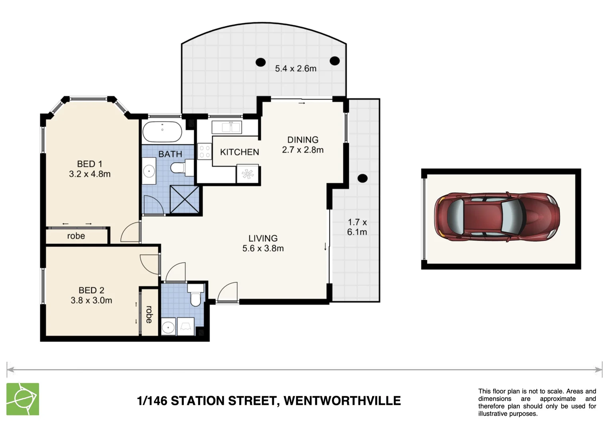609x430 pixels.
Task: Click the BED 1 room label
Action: coord(89,164)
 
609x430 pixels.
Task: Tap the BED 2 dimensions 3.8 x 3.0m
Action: coord(91,301)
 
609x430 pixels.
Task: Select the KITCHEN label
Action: coord(239,152)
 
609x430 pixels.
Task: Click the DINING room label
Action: coord(303,140)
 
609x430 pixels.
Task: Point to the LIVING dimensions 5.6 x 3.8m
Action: coord(263,248)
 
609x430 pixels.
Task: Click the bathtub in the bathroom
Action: coord(162,132)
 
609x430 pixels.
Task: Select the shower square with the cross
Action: coord(184,199)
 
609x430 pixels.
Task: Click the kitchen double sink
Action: coord(226,127)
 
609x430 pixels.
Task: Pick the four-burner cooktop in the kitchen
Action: coord(204,152)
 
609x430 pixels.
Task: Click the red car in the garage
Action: coord(498,217)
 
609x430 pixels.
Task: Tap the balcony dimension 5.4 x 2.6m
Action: coord(295,68)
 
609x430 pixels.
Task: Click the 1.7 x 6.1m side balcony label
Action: coord(357,227)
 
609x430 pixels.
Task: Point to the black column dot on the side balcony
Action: coord(362,178)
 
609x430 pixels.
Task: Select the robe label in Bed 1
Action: coord(76,236)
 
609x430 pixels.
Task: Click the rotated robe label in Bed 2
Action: coord(149,315)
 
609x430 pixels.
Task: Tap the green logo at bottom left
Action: coord(23,399)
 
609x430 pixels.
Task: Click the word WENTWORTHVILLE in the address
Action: coord(342,401)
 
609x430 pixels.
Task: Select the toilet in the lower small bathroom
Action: coord(195,298)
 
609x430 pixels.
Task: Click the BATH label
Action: coord(170,154)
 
